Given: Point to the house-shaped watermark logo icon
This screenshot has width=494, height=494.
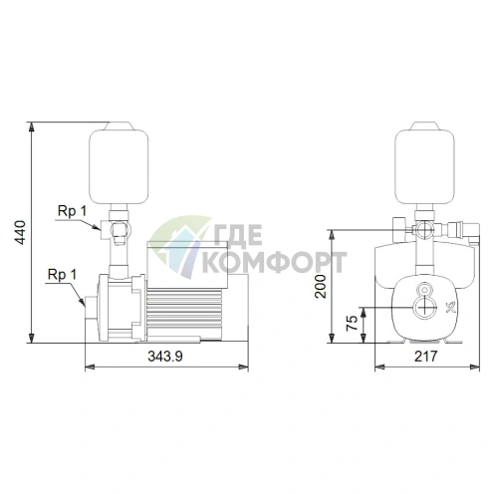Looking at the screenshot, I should coord(175,249).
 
